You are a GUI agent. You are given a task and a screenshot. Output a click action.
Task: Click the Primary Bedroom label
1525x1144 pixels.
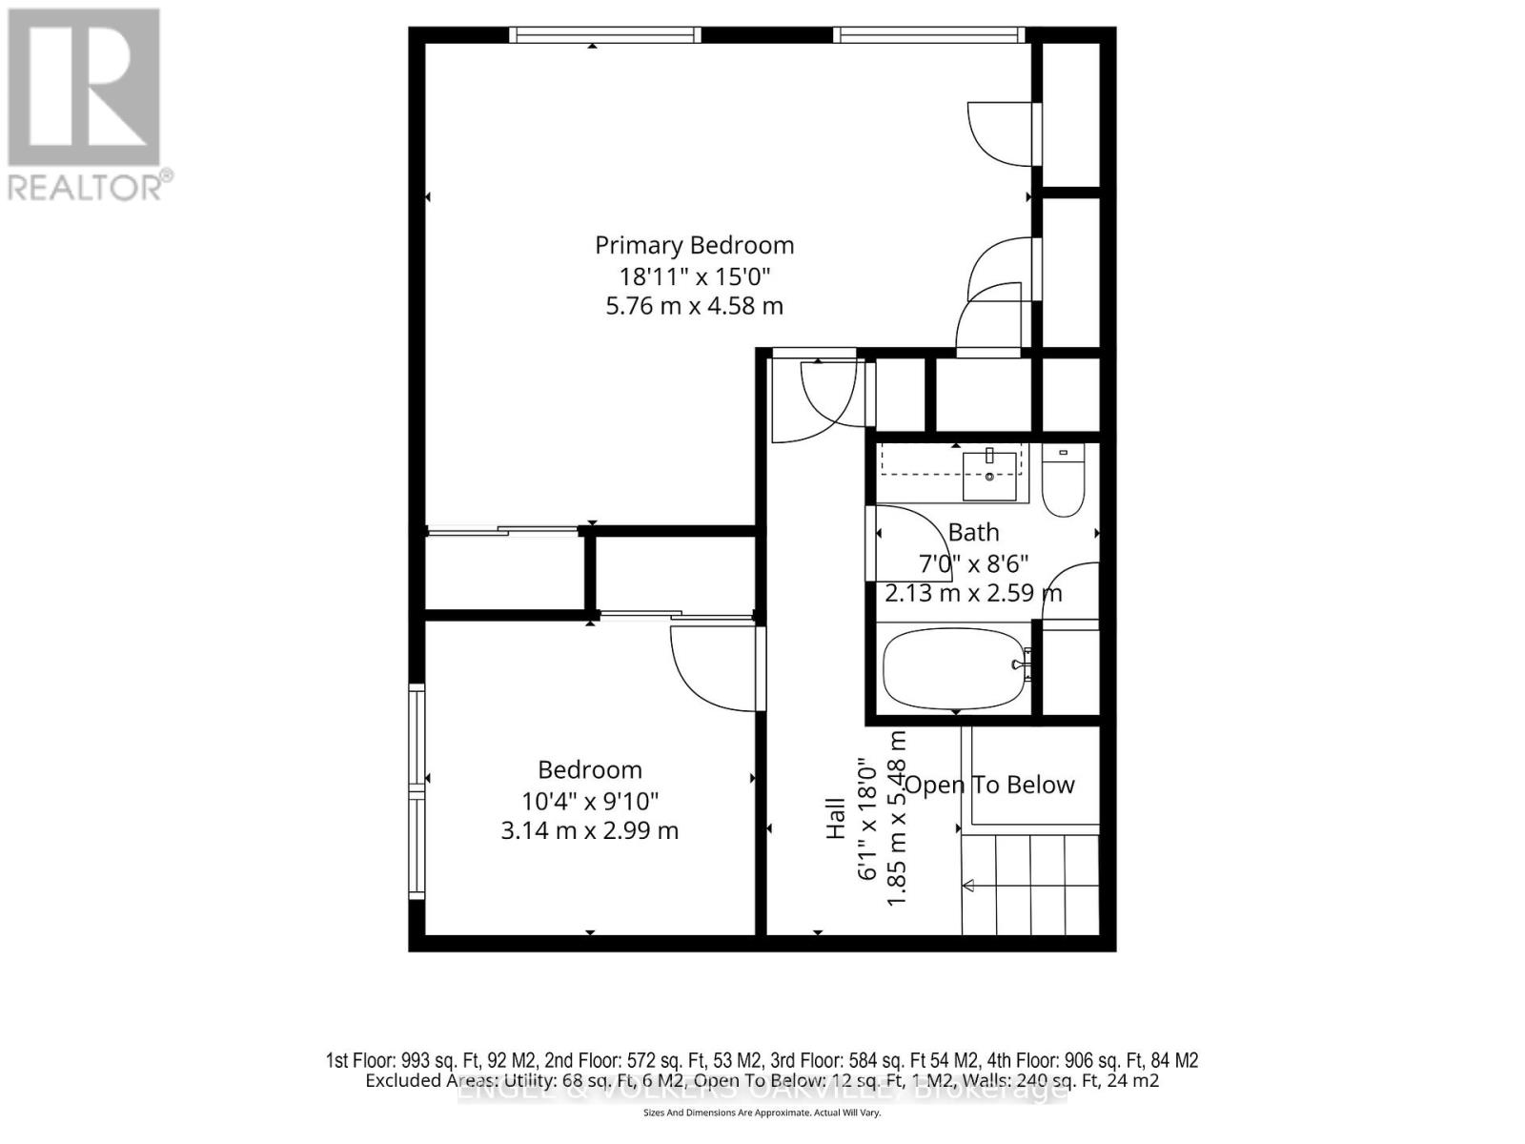pos(694,245)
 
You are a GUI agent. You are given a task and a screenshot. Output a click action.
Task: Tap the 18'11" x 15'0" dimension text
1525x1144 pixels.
pos(694,276)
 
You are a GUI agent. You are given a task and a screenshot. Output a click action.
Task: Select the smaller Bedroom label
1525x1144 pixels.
pos(589,769)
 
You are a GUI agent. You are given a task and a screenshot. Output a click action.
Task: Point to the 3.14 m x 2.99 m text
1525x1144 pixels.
pos(589,830)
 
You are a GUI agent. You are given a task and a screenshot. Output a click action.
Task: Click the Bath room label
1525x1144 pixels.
pos(973,532)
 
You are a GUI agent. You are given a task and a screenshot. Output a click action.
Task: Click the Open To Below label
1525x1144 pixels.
pos(989,785)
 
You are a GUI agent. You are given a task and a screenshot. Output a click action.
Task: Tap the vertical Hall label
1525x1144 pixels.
pos(836,817)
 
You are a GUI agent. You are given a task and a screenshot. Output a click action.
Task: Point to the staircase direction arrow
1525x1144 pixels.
pos(968,886)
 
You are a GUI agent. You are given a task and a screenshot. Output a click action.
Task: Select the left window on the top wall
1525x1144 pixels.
pos(604,35)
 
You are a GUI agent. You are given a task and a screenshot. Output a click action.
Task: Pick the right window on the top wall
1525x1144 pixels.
pos(929,35)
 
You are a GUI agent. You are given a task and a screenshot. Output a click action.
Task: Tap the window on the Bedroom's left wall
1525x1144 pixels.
pos(417,790)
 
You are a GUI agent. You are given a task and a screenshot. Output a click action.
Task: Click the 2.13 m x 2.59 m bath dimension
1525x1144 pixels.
pos(973,593)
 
